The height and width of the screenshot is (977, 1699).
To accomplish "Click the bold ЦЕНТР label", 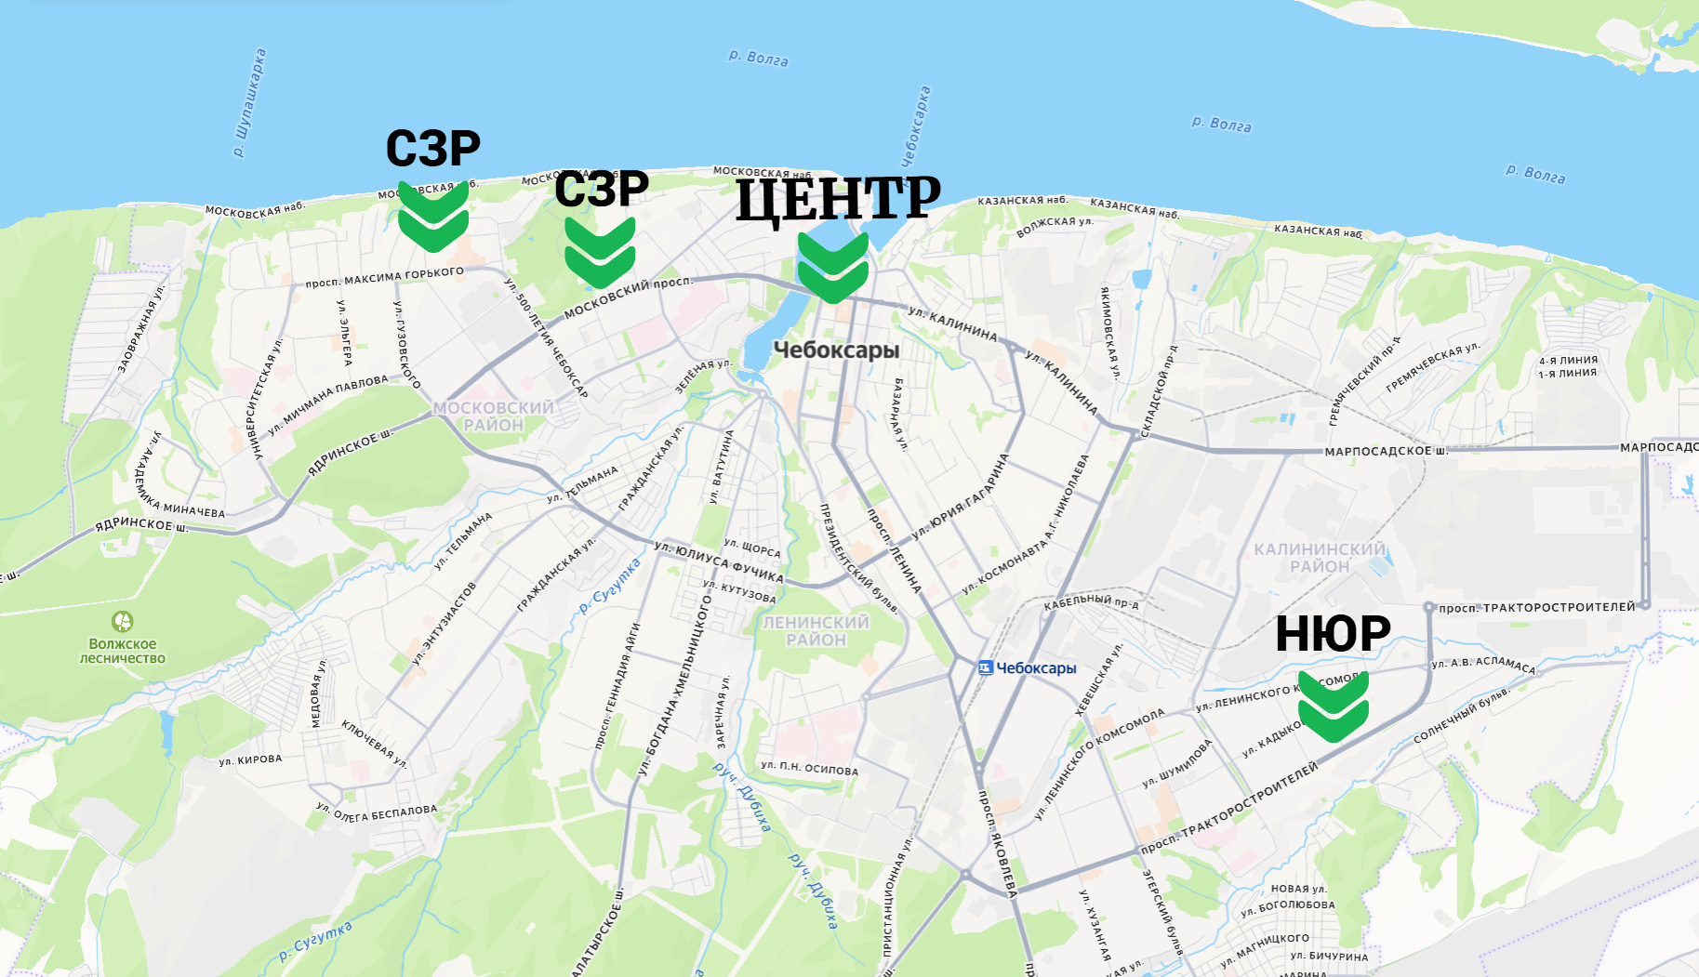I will click(838, 198).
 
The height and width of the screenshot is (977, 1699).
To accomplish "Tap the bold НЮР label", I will click(1332, 634).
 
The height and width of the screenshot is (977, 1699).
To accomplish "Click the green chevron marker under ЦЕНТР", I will click(832, 267).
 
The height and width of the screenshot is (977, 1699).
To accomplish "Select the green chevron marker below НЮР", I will click(1333, 706).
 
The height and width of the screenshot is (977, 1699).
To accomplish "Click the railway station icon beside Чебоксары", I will click(986, 667).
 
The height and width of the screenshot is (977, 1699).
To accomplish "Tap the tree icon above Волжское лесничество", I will click(123, 621).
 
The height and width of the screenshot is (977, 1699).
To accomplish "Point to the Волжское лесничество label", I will click(123, 651).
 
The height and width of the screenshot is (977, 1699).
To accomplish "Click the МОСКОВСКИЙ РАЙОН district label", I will click(493, 416).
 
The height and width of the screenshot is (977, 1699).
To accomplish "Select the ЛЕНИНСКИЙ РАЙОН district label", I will click(816, 631).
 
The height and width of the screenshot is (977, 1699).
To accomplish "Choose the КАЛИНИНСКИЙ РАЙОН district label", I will click(1319, 558).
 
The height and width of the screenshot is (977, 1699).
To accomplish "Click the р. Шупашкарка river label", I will click(249, 102).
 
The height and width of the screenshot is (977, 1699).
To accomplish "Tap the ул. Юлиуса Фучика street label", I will click(719, 562).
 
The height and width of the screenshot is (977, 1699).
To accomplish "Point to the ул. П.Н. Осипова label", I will click(809, 768).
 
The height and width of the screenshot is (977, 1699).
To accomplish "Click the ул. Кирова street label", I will click(250, 759).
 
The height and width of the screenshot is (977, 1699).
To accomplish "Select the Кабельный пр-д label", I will click(1091, 602).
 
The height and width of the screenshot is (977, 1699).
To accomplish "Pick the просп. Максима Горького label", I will click(384, 277).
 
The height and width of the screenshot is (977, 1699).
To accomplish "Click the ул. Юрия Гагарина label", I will click(961, 496).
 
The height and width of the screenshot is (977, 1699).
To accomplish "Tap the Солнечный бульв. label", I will click(1461, 716).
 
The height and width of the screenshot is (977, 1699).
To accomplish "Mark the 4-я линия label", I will click(1568, 361).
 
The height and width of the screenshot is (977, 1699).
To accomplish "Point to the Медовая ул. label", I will click(318, 693).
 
